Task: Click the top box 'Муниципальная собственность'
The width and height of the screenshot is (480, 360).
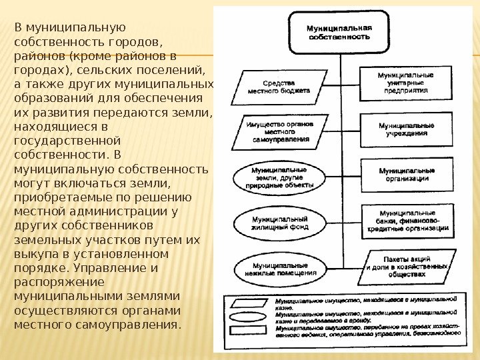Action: [338, 33]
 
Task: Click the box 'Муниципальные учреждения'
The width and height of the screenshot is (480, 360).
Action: [406, 129]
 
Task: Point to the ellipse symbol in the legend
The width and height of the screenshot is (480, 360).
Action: [249, 317]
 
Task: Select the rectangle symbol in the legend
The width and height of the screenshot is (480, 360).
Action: [249, 330]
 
